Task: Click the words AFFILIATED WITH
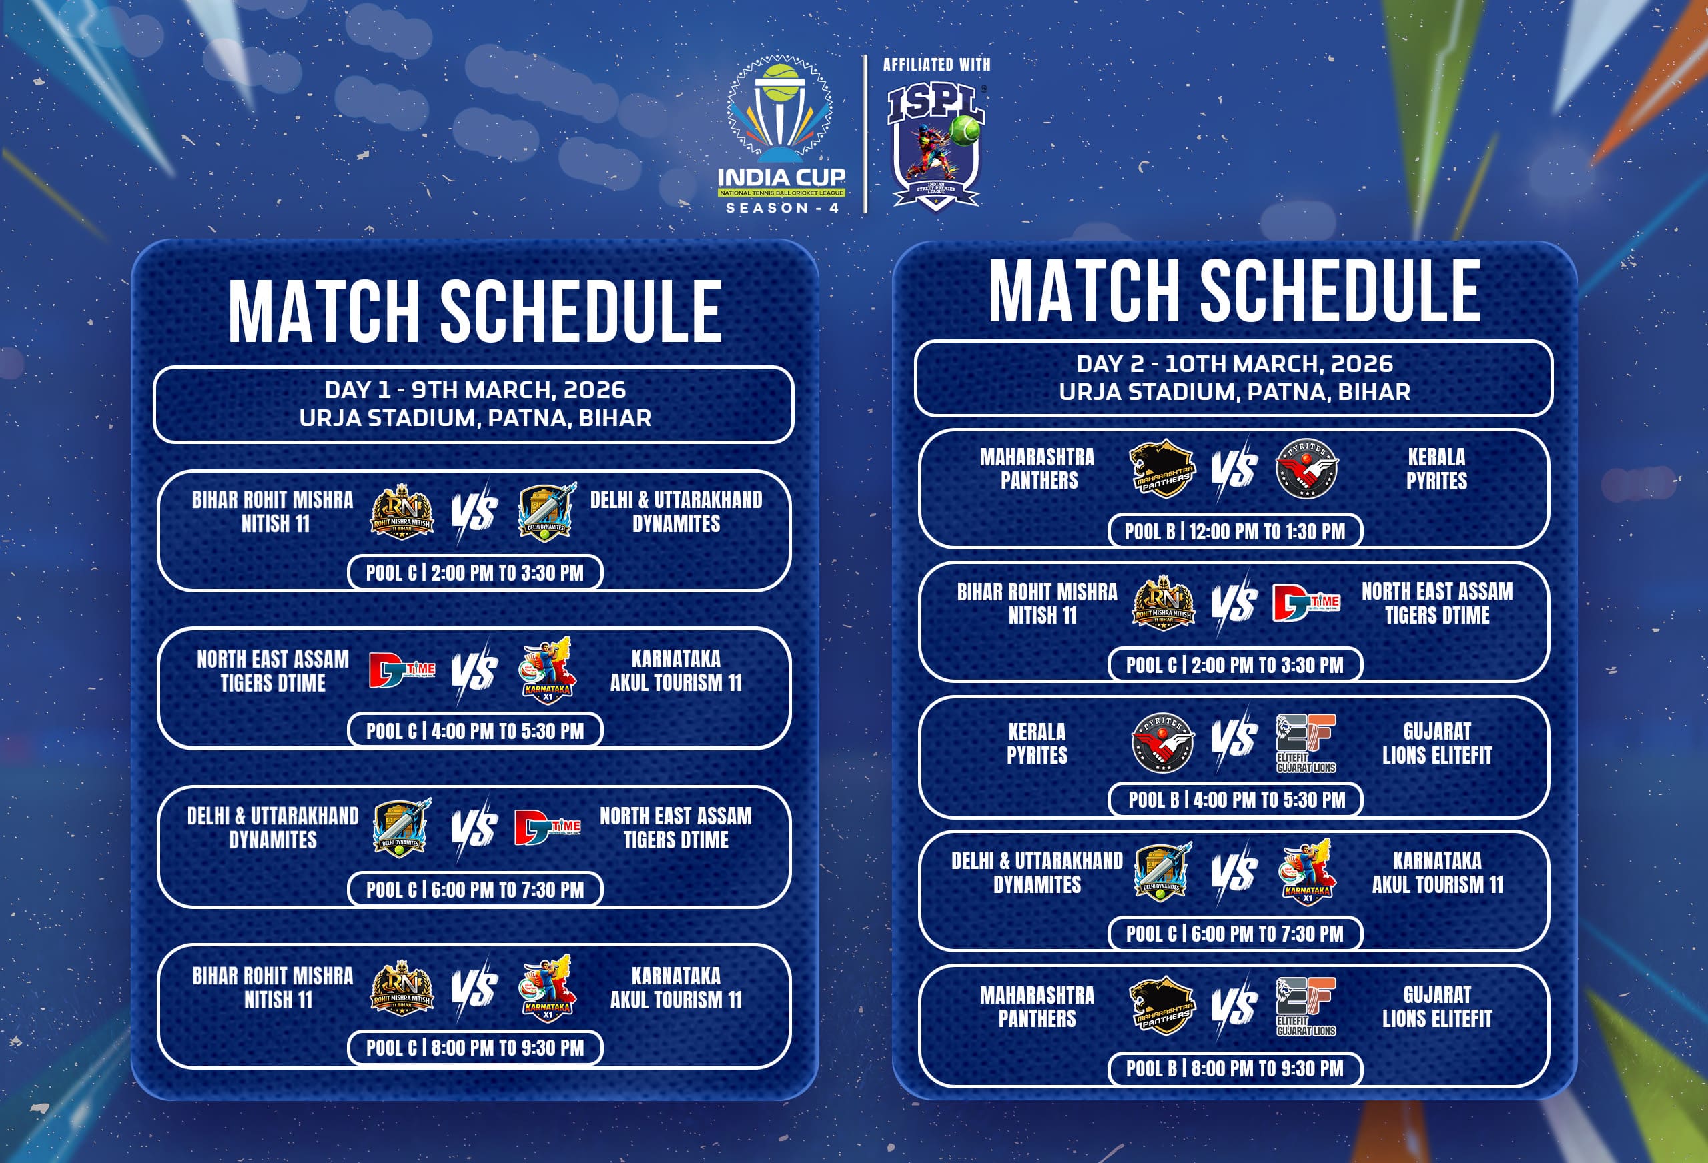point(936,65)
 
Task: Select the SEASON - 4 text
point(782,208)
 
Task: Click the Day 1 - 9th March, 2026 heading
point(475,389)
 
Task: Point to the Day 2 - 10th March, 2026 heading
point(1234,363)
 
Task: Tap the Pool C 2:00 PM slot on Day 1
point(475,573)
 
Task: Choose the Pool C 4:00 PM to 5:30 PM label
point(475,731)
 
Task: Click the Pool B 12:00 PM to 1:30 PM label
point(1235,531)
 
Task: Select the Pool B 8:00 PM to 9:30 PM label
point(1235,1068)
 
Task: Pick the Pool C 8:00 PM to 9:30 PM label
point(475,1048)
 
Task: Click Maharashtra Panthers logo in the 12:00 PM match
point(1163,469)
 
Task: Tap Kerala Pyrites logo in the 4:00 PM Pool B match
point(1163,742)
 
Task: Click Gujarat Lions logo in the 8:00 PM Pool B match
point(1306,1006)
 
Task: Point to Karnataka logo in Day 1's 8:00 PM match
point(548,988)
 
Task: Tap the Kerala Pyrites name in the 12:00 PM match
point(1436,469)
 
